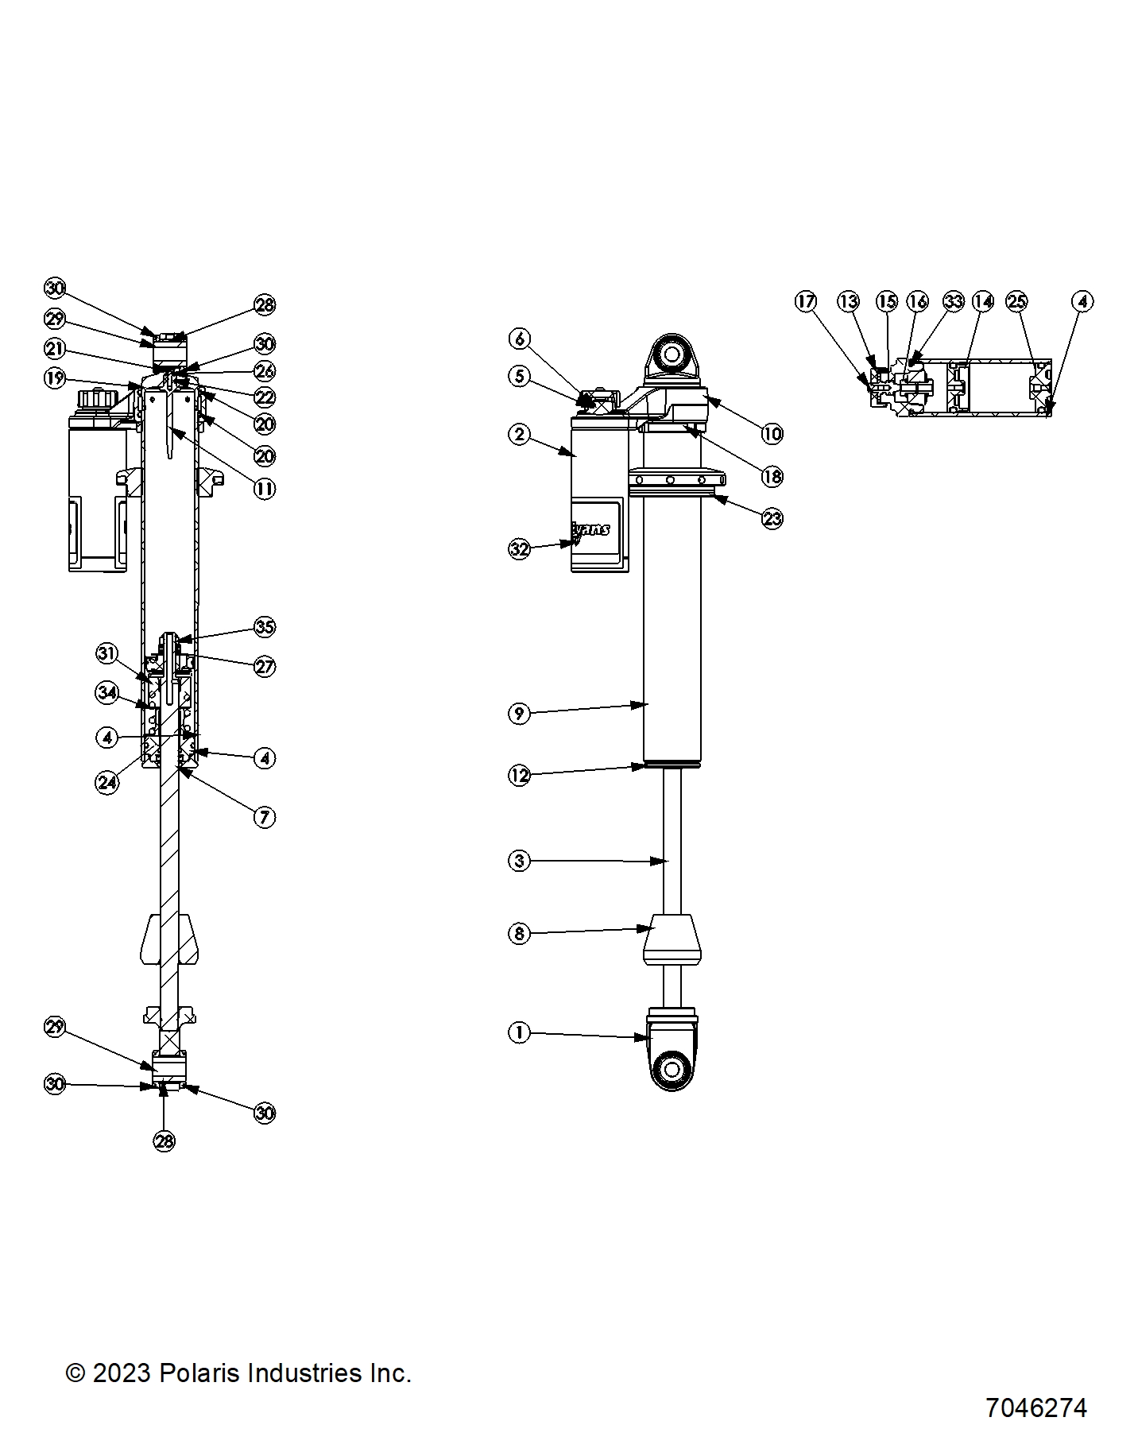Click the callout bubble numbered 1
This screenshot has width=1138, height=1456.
pyautogui.click(x=519, y=1032)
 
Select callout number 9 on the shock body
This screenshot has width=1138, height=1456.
pyautogui.click(x=519, y=713)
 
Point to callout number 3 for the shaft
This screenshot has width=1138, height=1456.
pyautogui.click(x=519, y=860)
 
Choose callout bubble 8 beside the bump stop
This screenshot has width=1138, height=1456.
pyautogui.click(x=519, y=933)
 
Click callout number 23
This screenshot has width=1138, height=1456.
pyautogui.click(x=772, y=519)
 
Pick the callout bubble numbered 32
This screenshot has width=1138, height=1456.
pyautogui.click(x=519, y=549)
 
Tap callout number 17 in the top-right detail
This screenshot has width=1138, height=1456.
pyautogui.click(x=806, y=301)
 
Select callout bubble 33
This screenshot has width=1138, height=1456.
pyautogui.click(x=953, y=301)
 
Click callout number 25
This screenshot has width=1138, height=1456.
pyautogui.click(x=1016, y=301)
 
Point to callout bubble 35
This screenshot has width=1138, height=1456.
pyautogui.click(x=265, y=627)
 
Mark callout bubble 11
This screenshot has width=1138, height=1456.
pyautogui.click(x=265, y=489)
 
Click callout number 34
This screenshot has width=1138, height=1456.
pyautogui.click(x=107, y=692)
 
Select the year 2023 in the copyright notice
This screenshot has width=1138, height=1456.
pyautogui.click(x=122, y=1373)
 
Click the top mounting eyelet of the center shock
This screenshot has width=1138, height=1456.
pyautogui.click(x=672, y=353)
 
